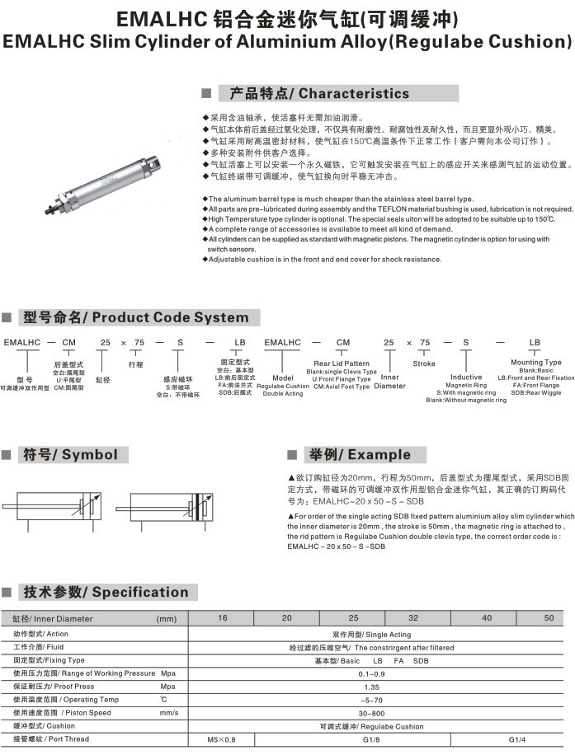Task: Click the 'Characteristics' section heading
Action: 318,93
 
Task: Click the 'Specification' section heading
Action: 106,592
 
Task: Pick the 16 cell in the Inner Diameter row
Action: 221,618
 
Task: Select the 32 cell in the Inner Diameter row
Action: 413,618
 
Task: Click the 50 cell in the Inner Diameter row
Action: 549,618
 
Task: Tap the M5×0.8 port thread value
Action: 221,739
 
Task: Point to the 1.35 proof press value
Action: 371,687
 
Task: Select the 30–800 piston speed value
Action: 371,713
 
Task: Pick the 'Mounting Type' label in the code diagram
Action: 535,362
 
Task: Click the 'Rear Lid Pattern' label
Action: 342,363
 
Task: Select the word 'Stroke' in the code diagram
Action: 424,363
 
